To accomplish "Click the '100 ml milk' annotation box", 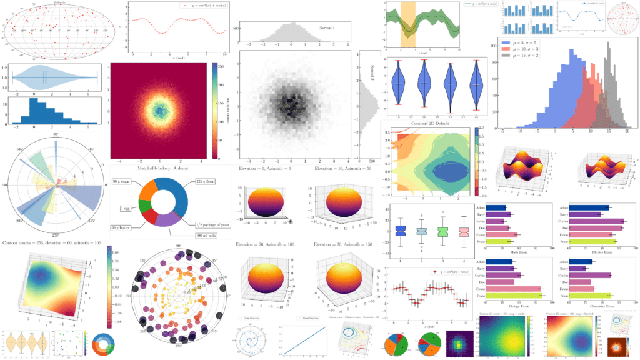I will pyautogui.click(x=207, y=234).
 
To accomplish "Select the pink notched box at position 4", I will pyautogui.click(x=464, y=232).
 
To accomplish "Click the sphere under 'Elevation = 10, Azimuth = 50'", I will pyautogui.click(x=337, y=203).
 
